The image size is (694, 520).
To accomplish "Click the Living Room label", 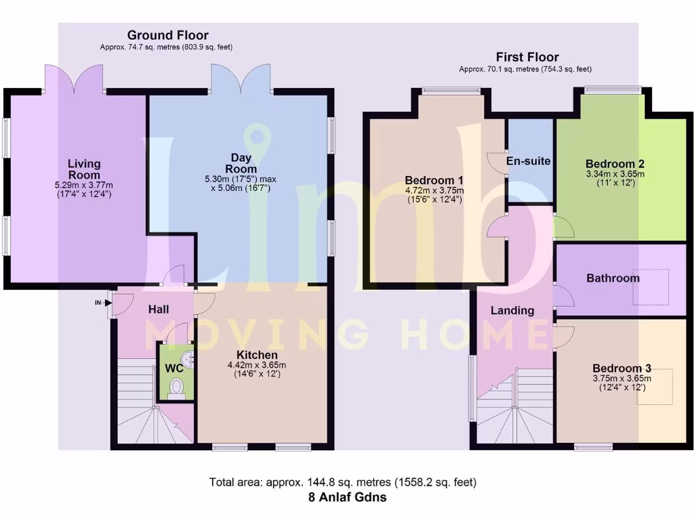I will click(x=84, y=169).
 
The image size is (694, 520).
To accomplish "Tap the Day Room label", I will click(x=241, y=164).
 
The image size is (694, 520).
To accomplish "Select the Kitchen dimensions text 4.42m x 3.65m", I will click(x=257, y=365).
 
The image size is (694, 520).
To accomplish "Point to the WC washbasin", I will click(x=189, y=357).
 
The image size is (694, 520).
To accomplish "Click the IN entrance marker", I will click(x=98, y=303).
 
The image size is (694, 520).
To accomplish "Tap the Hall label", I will click(x=158, y=309).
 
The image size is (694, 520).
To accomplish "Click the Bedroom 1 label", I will click(x=434, y=180).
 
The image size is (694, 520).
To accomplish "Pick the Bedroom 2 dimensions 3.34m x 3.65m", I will click(x=615, y=173).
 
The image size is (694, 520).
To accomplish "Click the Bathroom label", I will click(x=613, y=278).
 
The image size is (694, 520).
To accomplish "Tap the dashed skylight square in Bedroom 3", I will click(x=654, y=387).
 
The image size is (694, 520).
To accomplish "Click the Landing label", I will click(x=513, y=311).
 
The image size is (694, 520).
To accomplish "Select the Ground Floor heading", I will click(x=167, y=35).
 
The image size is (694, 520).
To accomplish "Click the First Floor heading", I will click(x=527, y=57).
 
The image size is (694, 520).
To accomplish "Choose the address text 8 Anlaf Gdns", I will click(x=346, y=497).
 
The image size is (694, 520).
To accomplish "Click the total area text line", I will click(x=343, y=483).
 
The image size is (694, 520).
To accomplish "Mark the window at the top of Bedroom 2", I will click(x=613, y=89).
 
